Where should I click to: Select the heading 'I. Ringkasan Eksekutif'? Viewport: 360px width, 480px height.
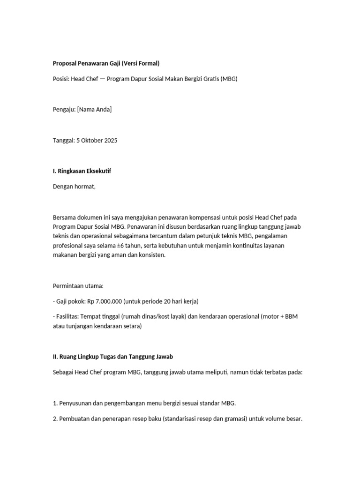[x=82, y=171]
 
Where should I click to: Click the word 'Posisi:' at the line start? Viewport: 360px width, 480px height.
[x=61, y=79]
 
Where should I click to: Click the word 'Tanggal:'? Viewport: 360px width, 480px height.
[x=64, y=141]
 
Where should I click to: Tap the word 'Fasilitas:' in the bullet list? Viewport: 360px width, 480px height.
[x=68, y=316]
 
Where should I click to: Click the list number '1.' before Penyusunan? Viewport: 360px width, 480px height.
[x=55, y=403]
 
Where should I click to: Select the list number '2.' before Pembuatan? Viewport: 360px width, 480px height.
[x=55, y=419]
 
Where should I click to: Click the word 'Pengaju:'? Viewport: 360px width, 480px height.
[x=64, y=110]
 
